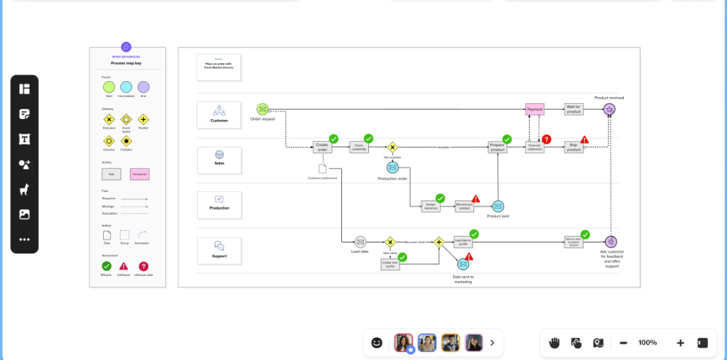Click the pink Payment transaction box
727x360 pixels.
(535, 110)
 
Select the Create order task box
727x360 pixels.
(323, 147)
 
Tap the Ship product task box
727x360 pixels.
(574, 147)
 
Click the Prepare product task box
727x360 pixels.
(498, 147)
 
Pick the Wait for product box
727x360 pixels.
(574, 110)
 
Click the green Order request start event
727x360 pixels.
(262, 110)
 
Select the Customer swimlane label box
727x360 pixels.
(219, 115)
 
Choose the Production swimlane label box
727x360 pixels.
(219, 205)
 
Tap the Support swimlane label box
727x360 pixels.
(219, 250)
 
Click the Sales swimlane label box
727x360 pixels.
(219, 160)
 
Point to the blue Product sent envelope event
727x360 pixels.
(498, 207)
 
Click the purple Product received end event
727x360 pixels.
(609, 110)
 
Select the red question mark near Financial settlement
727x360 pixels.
(547, 139)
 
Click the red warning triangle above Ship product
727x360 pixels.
(585, 139)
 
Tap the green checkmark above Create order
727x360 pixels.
(334, 138)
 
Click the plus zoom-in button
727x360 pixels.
(680, 342)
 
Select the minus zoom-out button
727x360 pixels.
(623, 342)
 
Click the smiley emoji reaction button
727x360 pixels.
(377, 342)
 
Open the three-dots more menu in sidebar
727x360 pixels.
(24, 239)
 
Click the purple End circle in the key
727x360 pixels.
(143, 87)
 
